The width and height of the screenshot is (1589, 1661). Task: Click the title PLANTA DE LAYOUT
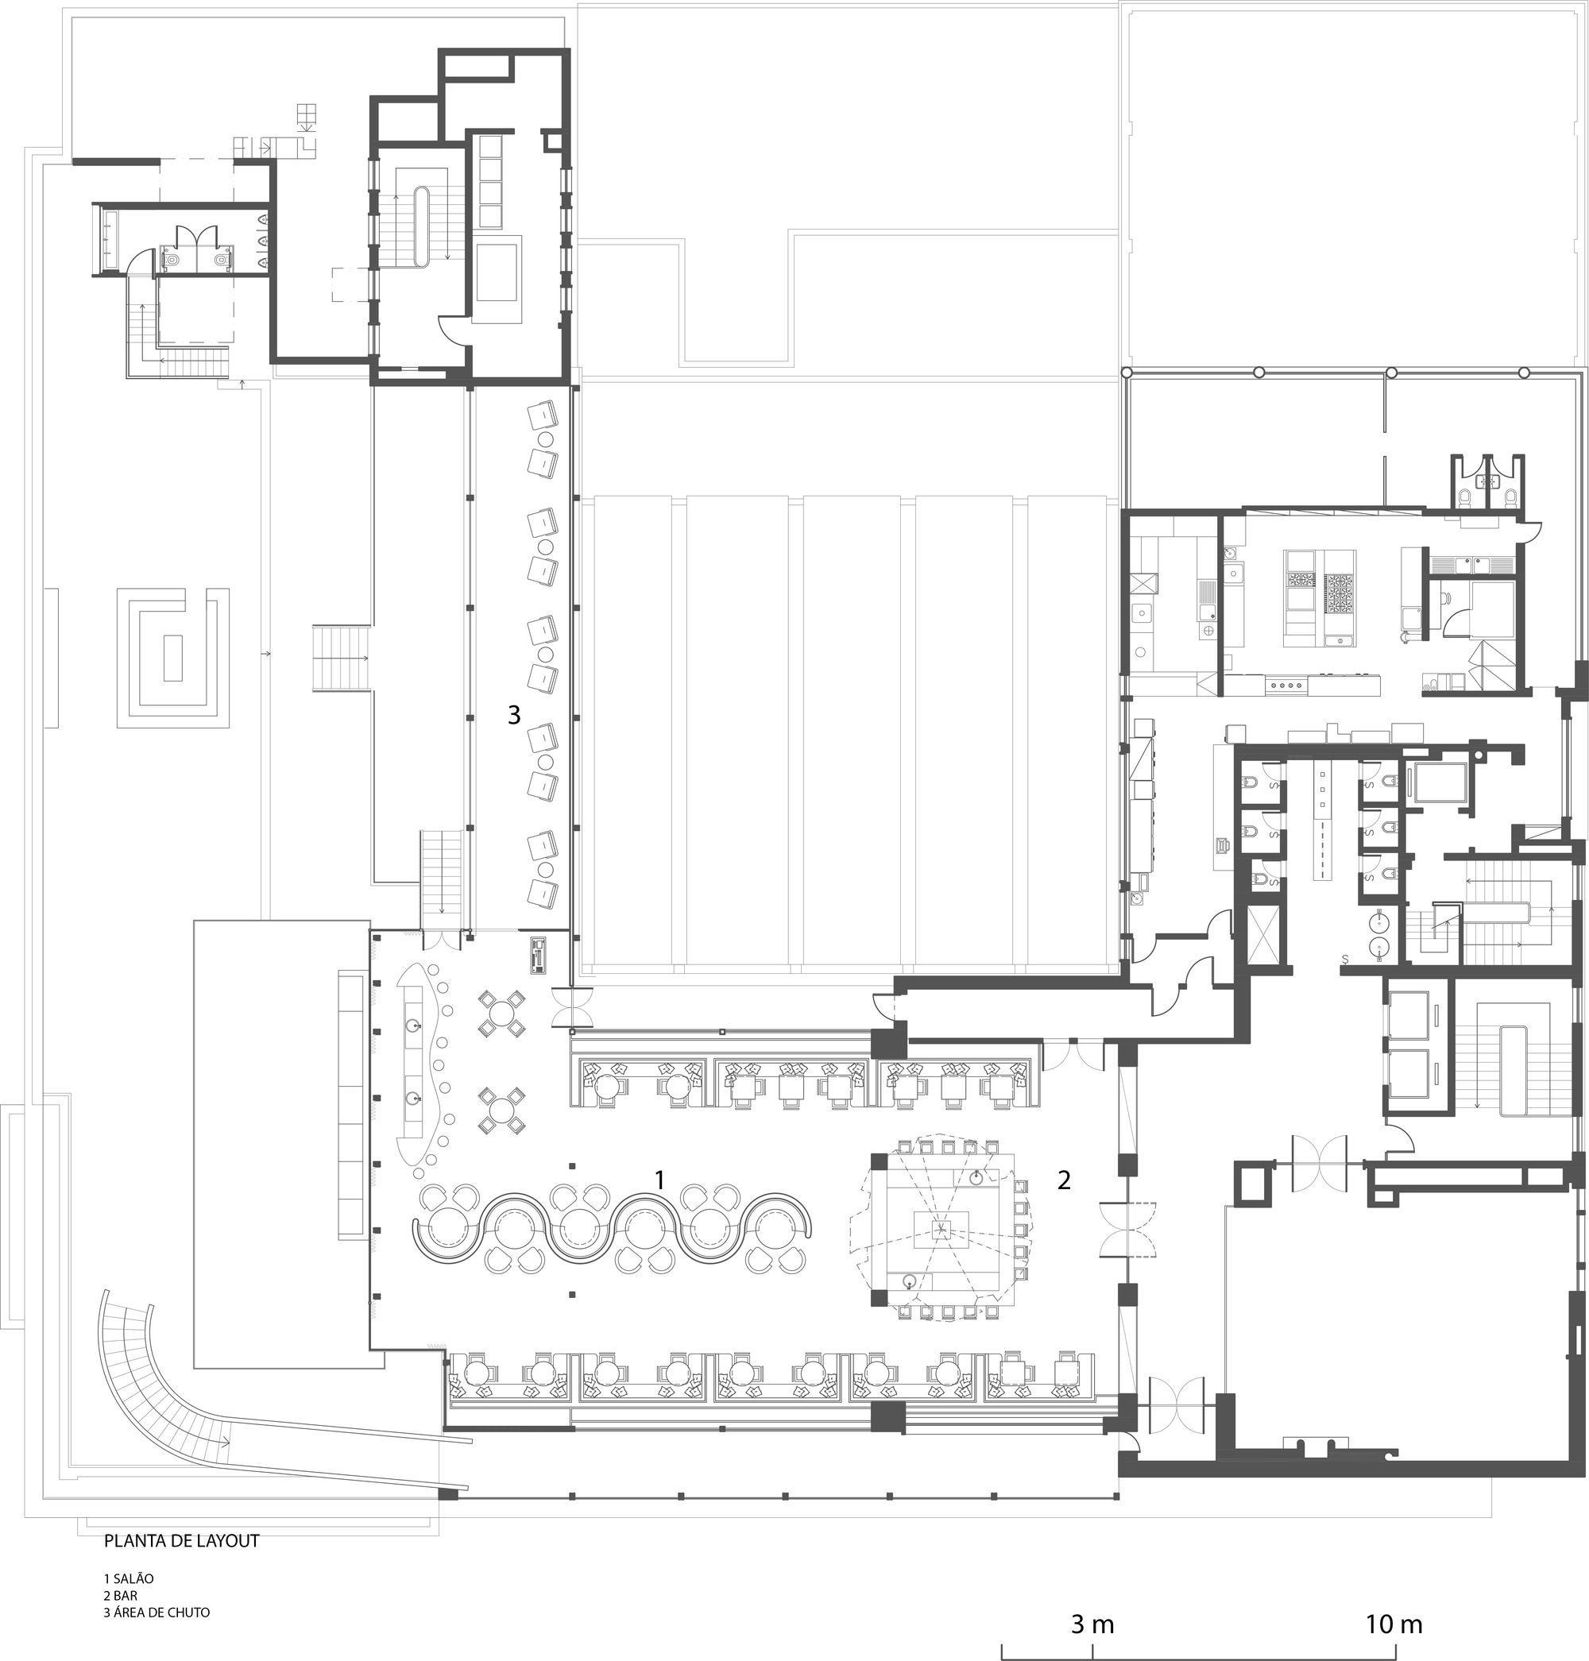[181, 1541]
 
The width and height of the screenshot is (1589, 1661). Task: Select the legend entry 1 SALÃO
[129, 1579]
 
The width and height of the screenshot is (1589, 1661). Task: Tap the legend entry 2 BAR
[120, 1595]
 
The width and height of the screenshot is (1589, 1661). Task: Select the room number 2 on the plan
[1064, 1179]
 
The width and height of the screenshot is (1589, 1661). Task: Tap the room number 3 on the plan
[513, 716]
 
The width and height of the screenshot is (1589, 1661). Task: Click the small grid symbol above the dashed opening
[306, 114]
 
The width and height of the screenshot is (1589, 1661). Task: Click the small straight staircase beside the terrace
[342, 659]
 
